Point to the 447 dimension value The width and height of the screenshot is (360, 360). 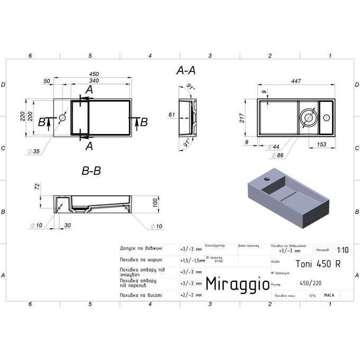point(296,81)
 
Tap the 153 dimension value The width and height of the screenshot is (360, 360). point(320,145)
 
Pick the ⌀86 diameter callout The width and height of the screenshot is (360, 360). point(277,156)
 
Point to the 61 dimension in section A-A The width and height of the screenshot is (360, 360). point(172,114)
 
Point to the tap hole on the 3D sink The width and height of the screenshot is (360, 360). point(266,180)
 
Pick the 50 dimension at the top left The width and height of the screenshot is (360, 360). point(47,81)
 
